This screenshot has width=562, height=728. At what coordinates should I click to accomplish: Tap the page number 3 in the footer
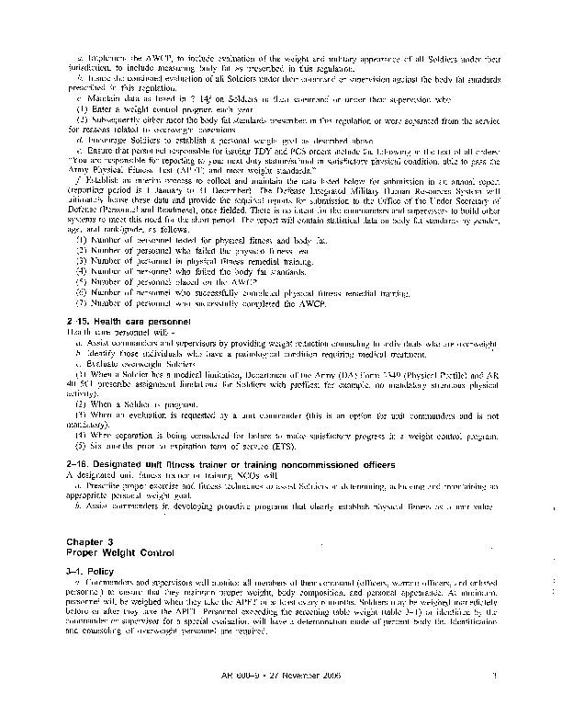click(x=494, y=677)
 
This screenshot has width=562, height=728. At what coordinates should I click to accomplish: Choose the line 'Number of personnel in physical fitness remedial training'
click(x=184, y=261)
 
